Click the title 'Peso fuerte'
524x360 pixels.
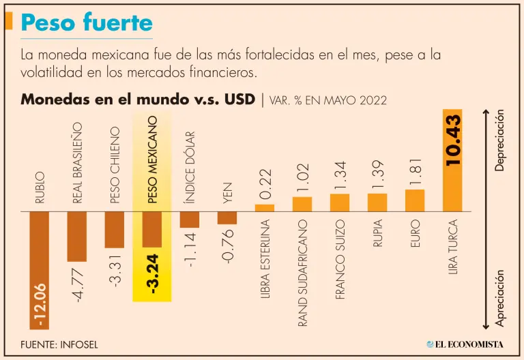coord(87,22)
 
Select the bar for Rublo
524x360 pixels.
coord(40,269)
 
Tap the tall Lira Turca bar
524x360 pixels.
coord(452,160)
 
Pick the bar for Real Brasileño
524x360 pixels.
coord(77,236)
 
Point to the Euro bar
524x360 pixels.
coord(415,200)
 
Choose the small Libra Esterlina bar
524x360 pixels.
coord(265,207)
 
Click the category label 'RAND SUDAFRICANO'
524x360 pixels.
coord(303,273)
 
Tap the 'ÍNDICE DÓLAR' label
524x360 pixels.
coord(190,168)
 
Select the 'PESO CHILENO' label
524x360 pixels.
coord(115,166)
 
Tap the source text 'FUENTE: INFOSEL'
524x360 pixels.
coord(59,344)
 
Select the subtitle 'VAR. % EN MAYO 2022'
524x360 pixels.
coord(328,100)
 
